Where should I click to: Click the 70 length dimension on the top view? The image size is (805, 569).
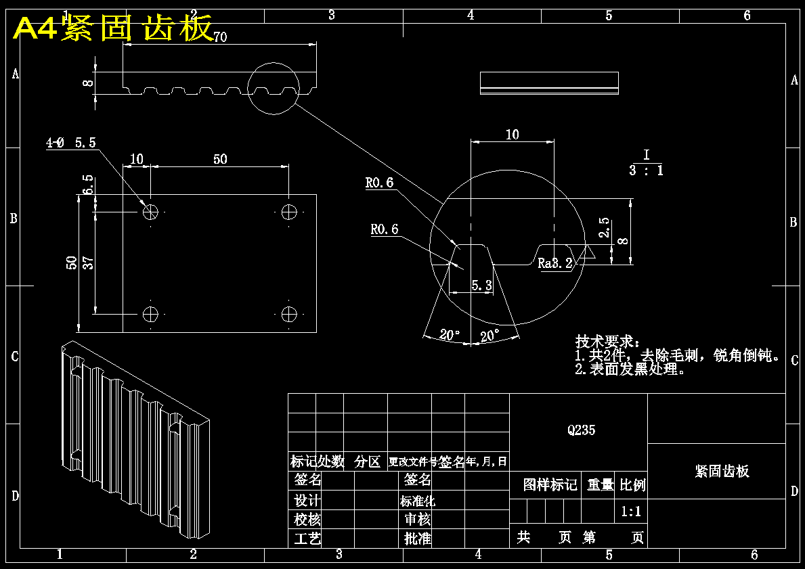tap(220, 37)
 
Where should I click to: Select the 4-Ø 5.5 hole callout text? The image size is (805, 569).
tap(71, 143)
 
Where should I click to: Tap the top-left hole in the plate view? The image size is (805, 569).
tap(150, 212)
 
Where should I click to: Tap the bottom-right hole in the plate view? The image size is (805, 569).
tap(290, 314)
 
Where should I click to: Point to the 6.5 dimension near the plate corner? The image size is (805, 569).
tap(88, 184)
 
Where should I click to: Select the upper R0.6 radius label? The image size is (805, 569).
tap(379, 183)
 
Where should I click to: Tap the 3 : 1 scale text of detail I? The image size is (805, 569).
tap(646, 170)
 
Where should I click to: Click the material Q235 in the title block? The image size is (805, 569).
tap(582, 430)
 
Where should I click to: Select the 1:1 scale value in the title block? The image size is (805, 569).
tap(631, 511)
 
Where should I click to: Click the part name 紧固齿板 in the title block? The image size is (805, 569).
tap(722, 472)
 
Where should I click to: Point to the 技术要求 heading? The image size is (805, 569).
tap(607, 341)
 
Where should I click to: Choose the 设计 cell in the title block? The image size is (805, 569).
tap(307, 501)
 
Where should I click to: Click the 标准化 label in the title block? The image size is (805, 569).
tap(417, 501)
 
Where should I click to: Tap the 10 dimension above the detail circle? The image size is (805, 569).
tap(513, 135)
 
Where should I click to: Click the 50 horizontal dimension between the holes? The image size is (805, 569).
tap(220, 160)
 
